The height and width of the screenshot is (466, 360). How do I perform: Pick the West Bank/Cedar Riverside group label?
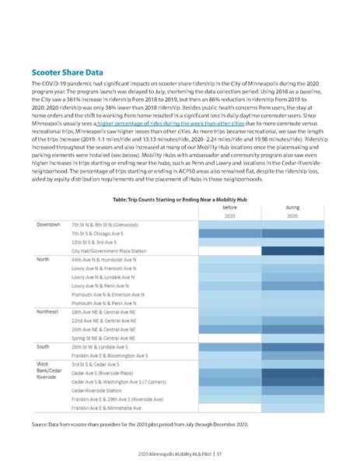click(48, 370)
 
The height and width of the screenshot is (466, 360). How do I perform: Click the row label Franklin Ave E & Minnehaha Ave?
click(107, 407)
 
